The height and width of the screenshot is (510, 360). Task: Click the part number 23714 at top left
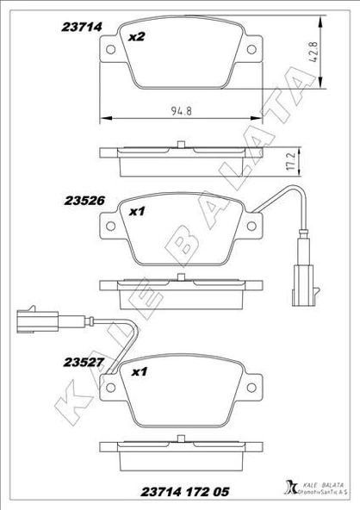point(82,27)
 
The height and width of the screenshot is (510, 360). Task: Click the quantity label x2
point(136,37)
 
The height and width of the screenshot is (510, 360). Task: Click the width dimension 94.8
point(180,109)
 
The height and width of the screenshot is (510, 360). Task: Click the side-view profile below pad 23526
point(180,284)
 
